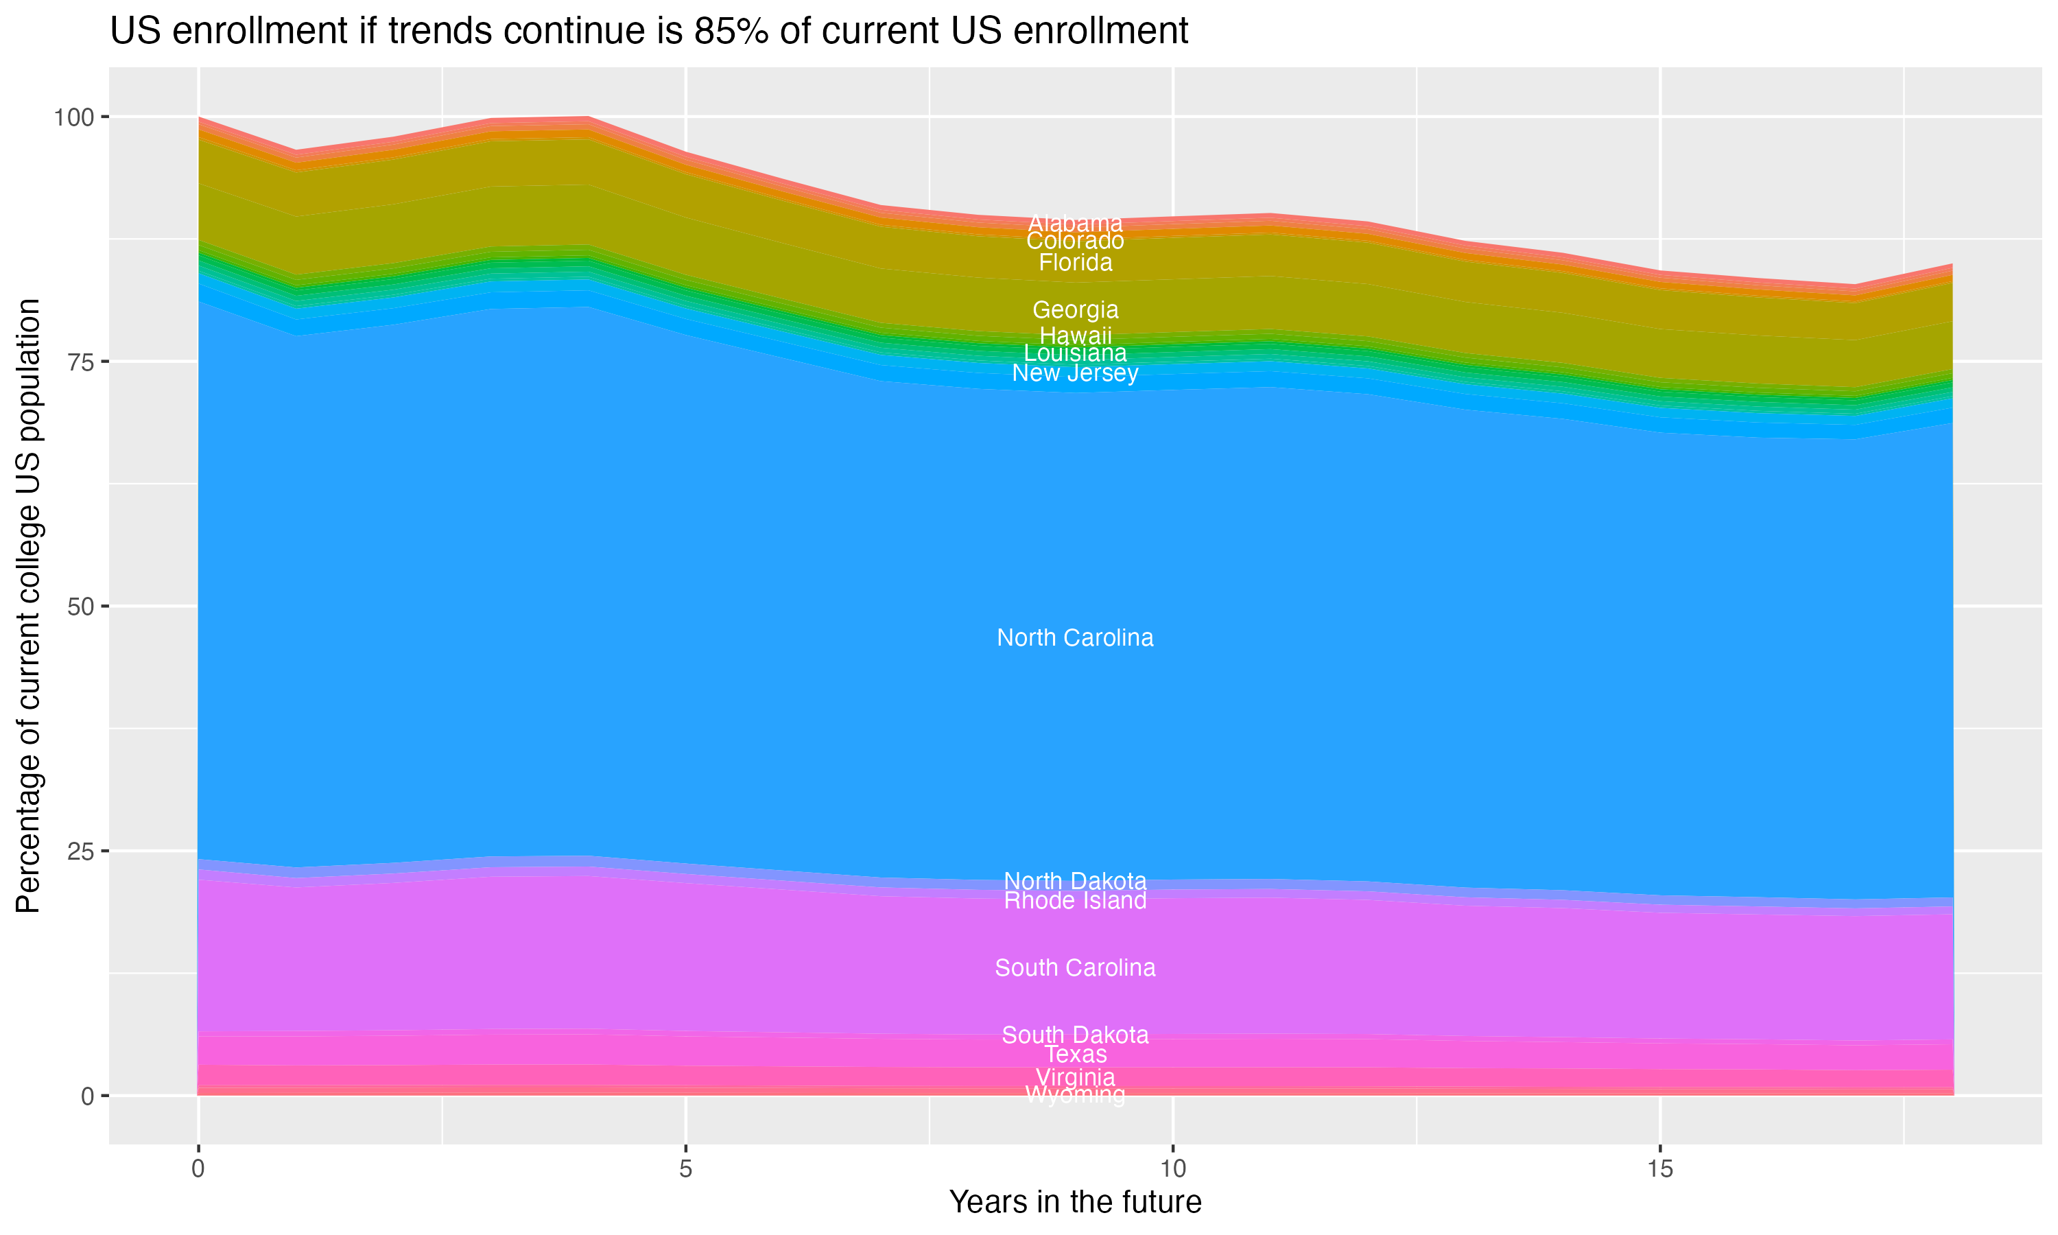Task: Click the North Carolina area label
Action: [x=1075, y=638]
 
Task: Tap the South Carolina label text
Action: [x=1075, y=968]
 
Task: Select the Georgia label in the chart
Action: [x=1075, y=310]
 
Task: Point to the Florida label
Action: [x=1075, y=263]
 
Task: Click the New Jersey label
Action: [x=1075, y=374]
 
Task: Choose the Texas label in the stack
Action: [x=1075, y=1055]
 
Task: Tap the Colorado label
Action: [x=1075, y=242]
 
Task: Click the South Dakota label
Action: [x=1075, y=1035]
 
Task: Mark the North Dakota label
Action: [x=1075, y=882]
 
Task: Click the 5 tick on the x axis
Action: [x=685, y=1169]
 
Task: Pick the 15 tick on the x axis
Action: [x=1659, y=1169]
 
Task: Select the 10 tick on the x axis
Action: [x=1172, y=1169]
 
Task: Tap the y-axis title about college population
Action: [x=28, y=606]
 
